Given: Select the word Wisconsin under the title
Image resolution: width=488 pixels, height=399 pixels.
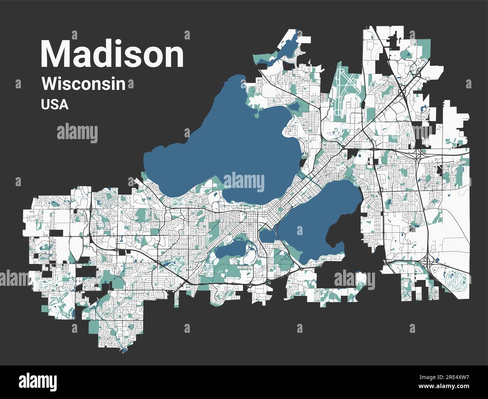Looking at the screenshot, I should pos(83,84).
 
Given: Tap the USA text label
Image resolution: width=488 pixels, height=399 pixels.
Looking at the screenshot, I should pos(55,104).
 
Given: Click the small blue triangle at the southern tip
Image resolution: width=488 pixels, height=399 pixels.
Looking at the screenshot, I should pos(124,350).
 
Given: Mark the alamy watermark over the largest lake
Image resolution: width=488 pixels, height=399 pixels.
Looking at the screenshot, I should pos(244,182).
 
